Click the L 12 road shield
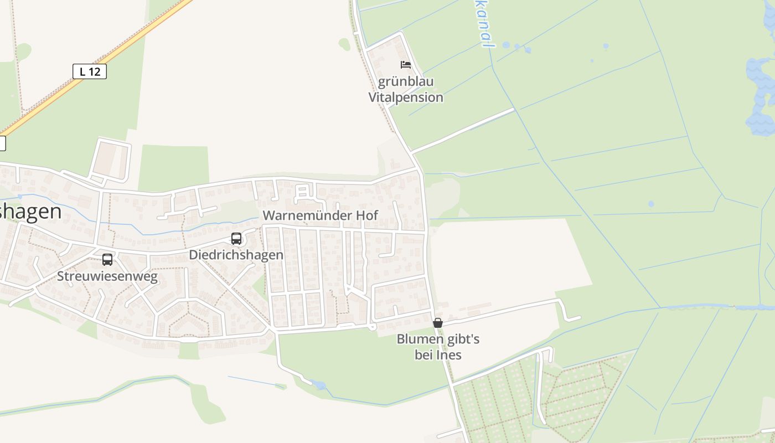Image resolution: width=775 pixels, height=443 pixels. point(89,71)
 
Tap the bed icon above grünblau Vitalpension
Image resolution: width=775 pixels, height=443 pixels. point(406,65)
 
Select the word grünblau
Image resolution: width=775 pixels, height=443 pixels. point(406,81)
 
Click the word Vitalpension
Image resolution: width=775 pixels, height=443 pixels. point(406,97)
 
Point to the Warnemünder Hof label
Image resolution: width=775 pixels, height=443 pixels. point(321,215)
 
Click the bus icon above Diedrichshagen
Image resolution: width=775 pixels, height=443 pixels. point(236,239)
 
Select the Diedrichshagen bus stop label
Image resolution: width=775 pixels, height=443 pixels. point(236,255)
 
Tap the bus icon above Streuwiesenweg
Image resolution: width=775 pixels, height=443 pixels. point(107,259)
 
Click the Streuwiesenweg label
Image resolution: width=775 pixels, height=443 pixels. point(107,276)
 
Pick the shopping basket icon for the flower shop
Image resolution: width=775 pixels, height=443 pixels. point(438,323)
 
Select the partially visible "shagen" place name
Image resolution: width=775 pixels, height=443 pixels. point(30,212)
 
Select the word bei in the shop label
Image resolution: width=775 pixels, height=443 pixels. point(423,354)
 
